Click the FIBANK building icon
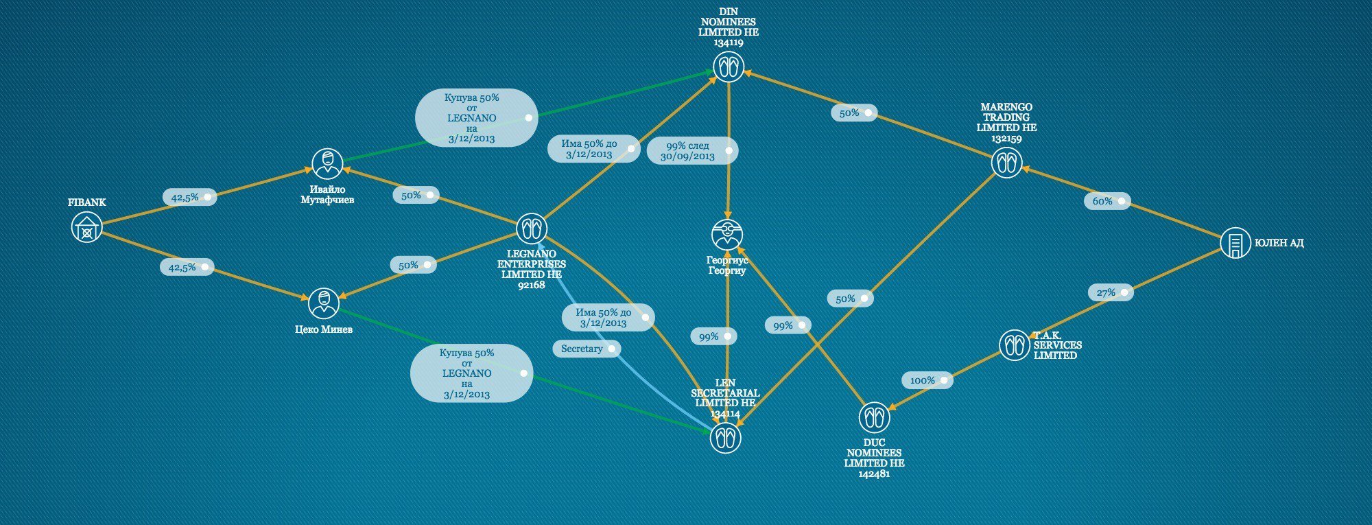pos(86,227)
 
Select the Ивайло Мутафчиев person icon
pos(327,163)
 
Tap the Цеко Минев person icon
pos(323,303)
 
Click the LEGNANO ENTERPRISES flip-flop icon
pos(532,229)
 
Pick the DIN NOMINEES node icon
pos(728,67)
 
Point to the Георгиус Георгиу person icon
pos(726,235)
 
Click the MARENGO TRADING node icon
pos(1006,163)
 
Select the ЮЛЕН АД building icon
pos(1235,243)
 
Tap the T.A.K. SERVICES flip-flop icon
pos(1014,345)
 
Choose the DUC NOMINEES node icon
pos(874,417)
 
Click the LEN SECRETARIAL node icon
pos(725,438)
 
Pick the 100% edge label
pos(927,380)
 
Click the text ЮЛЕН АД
pos(1279,243)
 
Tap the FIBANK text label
pos(86,202)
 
